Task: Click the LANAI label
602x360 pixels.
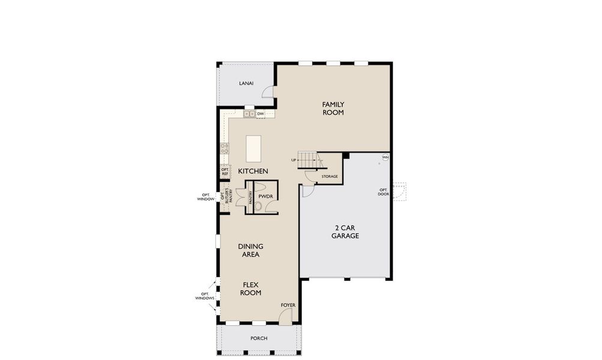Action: (x=245, y=83)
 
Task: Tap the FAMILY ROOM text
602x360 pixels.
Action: (x=333, y=108)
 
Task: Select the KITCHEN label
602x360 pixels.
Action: (x=253, y=172)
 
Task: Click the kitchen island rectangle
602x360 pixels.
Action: (x=254, y=148)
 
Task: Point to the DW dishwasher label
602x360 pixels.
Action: (x=260, y=113)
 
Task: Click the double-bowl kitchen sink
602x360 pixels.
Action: (x=249, y=113)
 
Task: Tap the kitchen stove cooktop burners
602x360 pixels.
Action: (x=224, y=148)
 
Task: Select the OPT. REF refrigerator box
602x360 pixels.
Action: (x=225, y=172)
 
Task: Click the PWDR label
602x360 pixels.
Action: (x=265, y=196)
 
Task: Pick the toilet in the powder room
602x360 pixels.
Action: (x=258, y=206)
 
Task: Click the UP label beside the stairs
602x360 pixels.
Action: (x=293, y=160)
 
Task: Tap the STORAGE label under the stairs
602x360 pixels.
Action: (x=330, y=176)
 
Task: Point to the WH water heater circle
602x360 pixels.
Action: (x=385, y=158)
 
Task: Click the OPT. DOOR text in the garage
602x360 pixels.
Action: (x=383, y=192)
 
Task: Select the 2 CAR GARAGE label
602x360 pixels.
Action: (x=345, y=232)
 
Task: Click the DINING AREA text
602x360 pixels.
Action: (x=250, y=250)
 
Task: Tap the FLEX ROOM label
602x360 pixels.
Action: (x=251, y=289)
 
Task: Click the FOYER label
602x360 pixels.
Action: (x=289, y=305)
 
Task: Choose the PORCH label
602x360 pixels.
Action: (x=259, y=338)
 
